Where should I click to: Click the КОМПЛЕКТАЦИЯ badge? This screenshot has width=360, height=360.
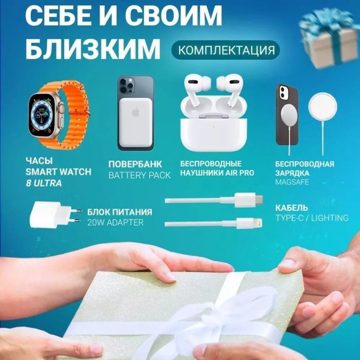pyautogui.click(x=225, y=50)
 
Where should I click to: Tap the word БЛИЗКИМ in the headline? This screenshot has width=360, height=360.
pyautogui.click(x=93, y=49)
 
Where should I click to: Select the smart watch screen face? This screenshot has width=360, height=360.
pyautogui.click(x=42, y=115)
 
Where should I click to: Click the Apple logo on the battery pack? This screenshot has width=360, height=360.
pyautogui.click(x=135, y=112)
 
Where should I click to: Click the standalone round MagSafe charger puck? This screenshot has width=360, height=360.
pyautogui.click(x=323, y=107)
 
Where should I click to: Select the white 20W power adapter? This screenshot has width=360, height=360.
pyautogui.click(x=55, y=214)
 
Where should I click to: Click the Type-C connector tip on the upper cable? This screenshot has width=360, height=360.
pyautogui.click(x=259, y=200)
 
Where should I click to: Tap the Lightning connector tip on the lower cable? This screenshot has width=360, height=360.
pyautogui.click(x=259, y=223)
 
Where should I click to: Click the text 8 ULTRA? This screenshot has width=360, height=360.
pyautogui.click(x=44, y=184)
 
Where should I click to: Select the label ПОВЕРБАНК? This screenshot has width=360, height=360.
pyautogui.click(x=135, y=165)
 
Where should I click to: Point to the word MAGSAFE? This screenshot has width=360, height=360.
pyautogui.click(x=292, y=182)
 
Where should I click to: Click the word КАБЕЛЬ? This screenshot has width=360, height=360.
pyautogui.click(x=292, y=208)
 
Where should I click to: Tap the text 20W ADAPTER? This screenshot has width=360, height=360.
pyautogui.click(x=115, y=223)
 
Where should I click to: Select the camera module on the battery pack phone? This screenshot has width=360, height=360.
pyautogui.click(x=127, y=85)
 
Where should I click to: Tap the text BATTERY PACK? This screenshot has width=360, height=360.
pyautogui.click(x=139, y=175)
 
